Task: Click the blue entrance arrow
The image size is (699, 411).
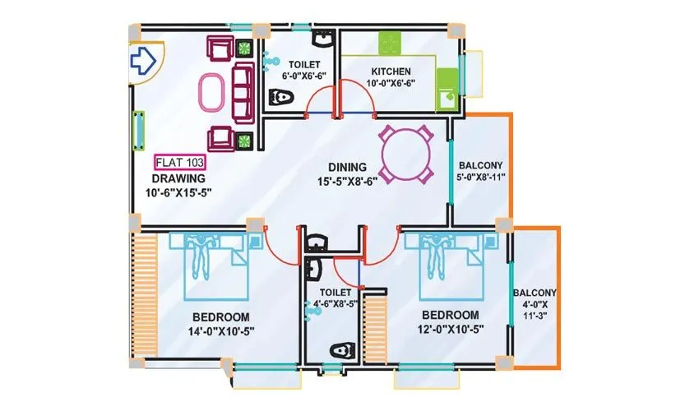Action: pos(145,59)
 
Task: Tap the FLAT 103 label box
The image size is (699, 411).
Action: pos(179,162)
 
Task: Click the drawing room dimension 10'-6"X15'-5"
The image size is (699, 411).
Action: pos(179,193)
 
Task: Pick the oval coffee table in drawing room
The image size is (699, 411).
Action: pos(212,93)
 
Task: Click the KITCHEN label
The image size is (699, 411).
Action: pos(391,71)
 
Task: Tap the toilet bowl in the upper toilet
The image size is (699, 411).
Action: pos(282,99)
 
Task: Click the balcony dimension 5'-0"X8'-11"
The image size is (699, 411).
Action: pos(481,176)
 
